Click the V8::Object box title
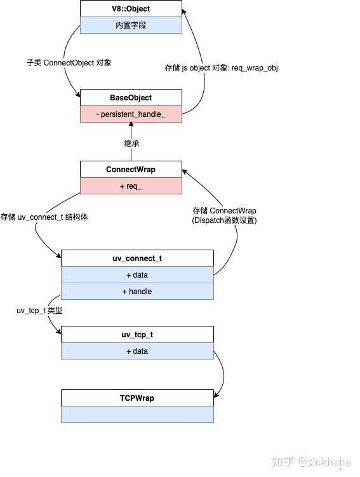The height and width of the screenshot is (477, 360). (x=131, y=10)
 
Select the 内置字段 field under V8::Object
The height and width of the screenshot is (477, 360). (x=131, y=26)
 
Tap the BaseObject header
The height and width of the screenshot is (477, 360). (x=131, y=98)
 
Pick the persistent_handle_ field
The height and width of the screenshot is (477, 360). (x=131, y=114)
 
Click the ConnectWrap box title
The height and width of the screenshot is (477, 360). (x=131, y=170)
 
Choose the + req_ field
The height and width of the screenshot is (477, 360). (x=131, y=186)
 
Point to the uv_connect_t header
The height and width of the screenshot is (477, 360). (x=137, y=259)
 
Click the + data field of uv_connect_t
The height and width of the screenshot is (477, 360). (x=137, y=275)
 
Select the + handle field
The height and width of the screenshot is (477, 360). (x=137, y=292)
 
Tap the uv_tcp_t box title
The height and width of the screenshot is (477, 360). (x=137, y=335)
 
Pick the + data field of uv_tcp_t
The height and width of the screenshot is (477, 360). (x=137, y=351)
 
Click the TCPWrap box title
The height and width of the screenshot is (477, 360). (x=137, y=398)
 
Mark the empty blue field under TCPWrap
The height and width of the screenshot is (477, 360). (x=137, y=415)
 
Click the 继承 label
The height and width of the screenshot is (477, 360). (x=131, y=144)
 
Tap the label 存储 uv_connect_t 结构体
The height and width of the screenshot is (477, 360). (x=44, y=217)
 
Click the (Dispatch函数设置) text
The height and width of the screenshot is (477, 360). (x=225, y=220)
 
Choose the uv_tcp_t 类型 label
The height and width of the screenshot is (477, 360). (x=39, y=311)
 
